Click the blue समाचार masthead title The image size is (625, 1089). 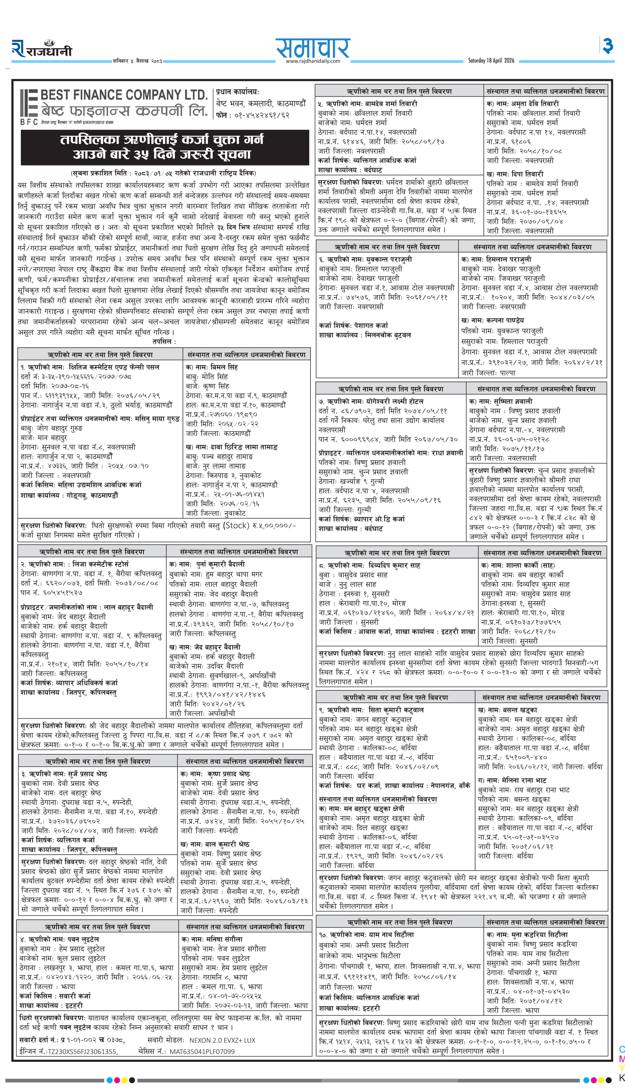click(x=312, y=47)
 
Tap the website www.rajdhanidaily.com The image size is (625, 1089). click(x=312, y=61)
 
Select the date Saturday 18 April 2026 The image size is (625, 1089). click(x=491, y=60)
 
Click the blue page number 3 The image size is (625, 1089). click(x=607, y=46)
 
